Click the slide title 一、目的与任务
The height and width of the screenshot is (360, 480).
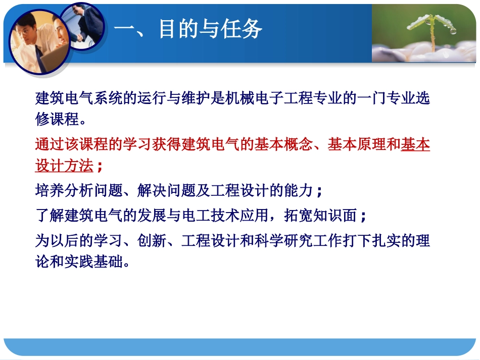[187, 29]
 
